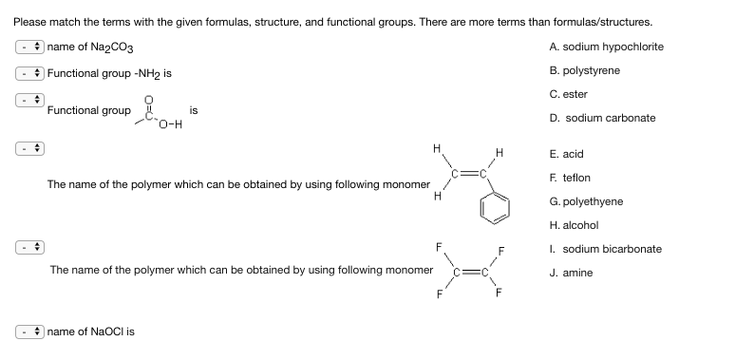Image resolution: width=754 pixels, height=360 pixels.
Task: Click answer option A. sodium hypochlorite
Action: pos(606,47)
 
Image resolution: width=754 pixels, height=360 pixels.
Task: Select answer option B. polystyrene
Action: pos(584,70)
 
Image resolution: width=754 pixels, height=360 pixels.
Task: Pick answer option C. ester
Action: pos(568,94)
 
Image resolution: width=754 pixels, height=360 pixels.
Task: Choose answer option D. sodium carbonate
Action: pos(602,118)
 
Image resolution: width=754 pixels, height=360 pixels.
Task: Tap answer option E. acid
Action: pos(566,154)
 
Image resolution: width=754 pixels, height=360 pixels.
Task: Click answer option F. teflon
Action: pos(570,178)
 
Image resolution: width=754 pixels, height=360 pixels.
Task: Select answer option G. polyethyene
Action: pos(583,201)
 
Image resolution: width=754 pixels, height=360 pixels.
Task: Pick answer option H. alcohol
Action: pos(574,225)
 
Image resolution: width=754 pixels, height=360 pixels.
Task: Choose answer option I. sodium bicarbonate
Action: pos(605,249)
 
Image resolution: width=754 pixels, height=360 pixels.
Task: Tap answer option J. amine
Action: pos(572,273)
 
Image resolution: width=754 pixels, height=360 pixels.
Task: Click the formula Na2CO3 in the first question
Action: pos(122,48)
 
